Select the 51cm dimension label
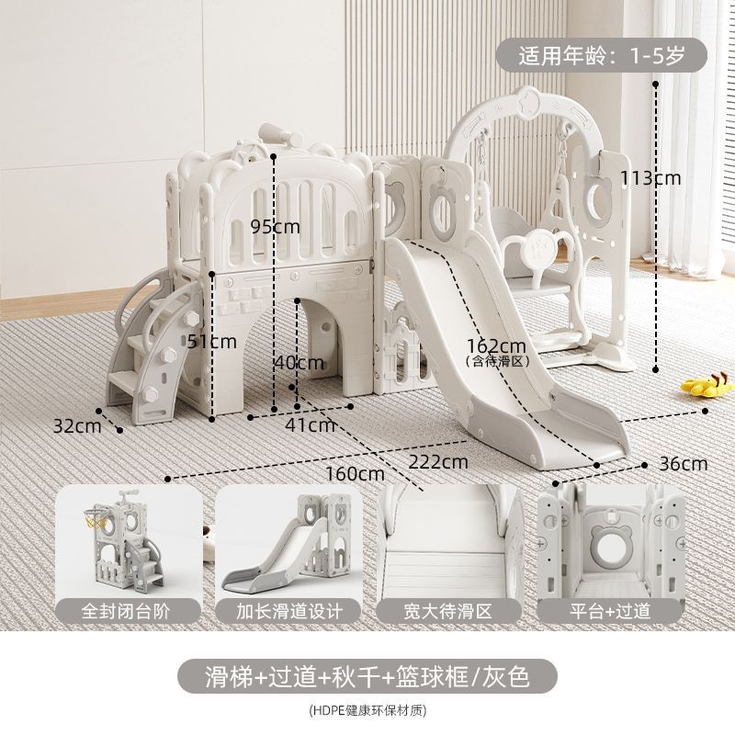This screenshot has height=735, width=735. point(213,342)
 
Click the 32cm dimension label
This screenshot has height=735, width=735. point(76,425)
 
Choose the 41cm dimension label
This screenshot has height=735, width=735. point(310,424)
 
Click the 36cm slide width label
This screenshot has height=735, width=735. point(683,464)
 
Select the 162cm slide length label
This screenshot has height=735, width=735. point(496,346)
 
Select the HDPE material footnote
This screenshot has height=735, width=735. point(367,709)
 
